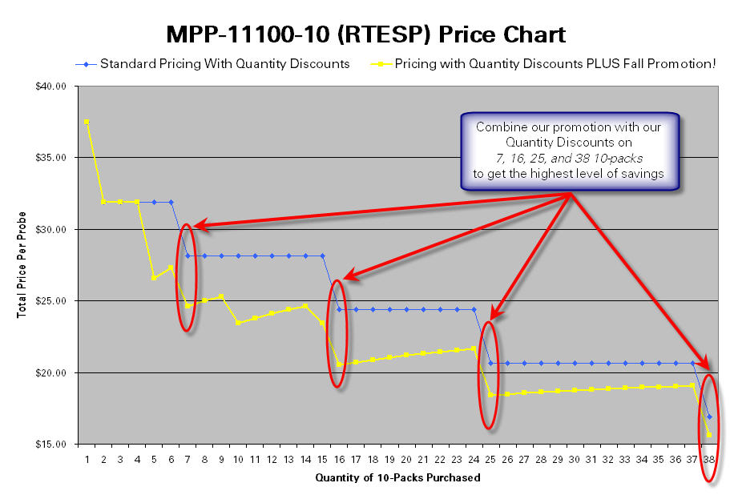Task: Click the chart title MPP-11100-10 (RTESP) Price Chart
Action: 365,34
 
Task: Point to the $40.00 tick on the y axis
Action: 50,87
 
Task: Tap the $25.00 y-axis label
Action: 50,301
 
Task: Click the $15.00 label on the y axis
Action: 50,445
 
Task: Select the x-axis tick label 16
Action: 339,460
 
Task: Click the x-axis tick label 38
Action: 709,460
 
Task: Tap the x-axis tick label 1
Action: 87,460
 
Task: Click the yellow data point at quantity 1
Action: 87,122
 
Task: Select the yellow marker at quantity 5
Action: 154,278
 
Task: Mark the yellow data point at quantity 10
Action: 238,323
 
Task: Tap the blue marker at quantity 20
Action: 406,309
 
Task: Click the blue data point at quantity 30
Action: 575,363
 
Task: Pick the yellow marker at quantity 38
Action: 709,434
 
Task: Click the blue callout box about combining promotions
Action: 570,151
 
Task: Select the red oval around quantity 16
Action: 338,333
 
